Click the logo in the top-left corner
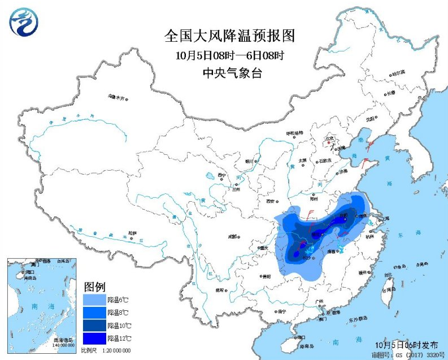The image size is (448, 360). pyautogui.click(x=23, y=23)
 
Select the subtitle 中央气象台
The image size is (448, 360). pyautogui.click(x=229, y=72)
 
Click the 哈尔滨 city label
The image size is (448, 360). pyautogui.click(x=398, y=72)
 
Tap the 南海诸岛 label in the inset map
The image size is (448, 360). pyautogui.click(x=63, y=340)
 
